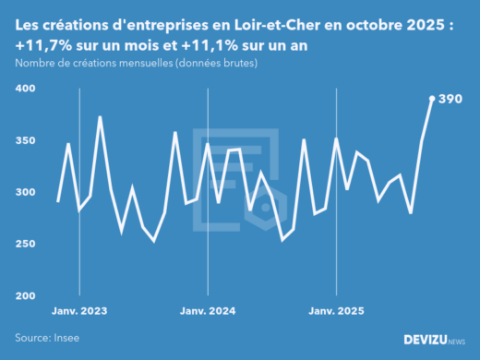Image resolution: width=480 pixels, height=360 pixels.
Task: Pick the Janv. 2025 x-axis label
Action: pyautogui.click(x=337, y=311)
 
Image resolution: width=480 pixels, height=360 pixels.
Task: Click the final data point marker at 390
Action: pyautogui.click(x=432, y=99)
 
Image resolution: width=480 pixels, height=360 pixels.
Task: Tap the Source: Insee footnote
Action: pyautogui.click(x=47, y=339)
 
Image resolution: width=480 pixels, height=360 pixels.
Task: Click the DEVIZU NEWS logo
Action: pyautogui.click(x=435, y=340)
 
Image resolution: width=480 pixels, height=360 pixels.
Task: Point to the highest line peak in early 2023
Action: pyautogui.click(x=100, y=117)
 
